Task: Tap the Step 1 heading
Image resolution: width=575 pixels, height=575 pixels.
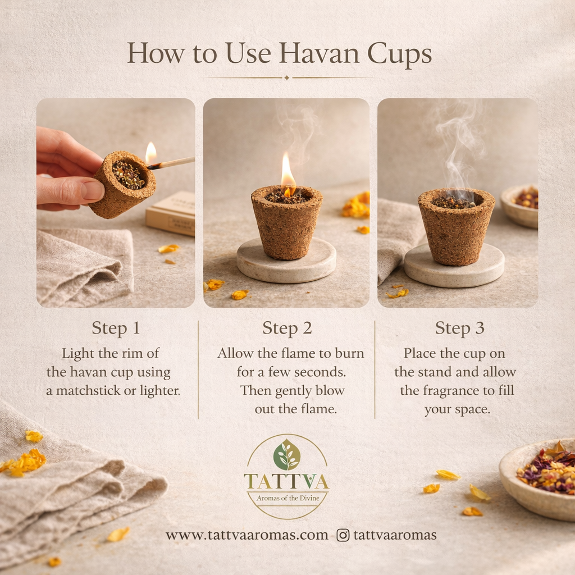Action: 116,328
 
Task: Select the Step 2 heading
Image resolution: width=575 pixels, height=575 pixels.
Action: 287,328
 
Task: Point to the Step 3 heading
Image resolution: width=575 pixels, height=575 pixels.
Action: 459,328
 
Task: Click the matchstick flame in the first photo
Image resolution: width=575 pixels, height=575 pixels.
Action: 150,153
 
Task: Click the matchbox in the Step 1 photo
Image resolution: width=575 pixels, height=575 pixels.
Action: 171,213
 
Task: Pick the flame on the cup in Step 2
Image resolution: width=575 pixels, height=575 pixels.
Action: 287,171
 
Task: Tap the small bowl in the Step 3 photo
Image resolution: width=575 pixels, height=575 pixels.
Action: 521,206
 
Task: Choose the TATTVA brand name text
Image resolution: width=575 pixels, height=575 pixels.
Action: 287,481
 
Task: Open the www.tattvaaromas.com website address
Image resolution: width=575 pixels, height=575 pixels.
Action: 247,535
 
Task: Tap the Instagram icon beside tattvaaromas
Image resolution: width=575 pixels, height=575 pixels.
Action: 343,535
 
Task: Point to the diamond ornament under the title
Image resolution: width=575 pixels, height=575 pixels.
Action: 287,77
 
